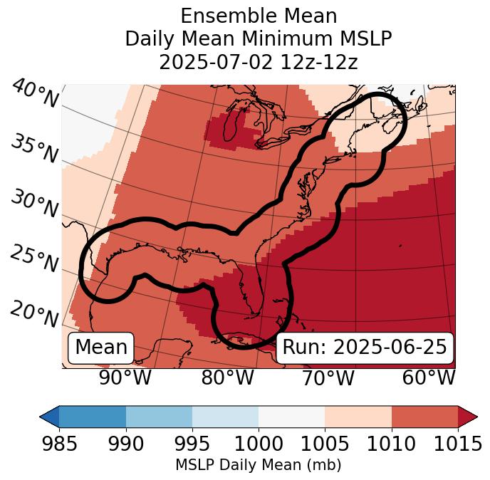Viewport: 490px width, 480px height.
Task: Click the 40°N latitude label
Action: click(x=34, y=94)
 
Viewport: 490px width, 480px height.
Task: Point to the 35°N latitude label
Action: click(x=34, y=148)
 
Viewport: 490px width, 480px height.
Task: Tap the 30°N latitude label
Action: click(x=34, y=204)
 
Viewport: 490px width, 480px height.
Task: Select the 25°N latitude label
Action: click(x=34, y=259)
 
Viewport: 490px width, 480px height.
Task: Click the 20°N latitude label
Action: click(x=34, y=313)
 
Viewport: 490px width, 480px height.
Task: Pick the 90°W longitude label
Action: click(x=125, y=377)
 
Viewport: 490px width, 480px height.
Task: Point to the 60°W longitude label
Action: click(x=428, y=377)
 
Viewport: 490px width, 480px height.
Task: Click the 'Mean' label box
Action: click(x=101, y=348)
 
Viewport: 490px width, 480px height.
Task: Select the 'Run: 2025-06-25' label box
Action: click(x=365, y=348)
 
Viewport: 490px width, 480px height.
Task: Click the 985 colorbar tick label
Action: click(x=59, y=444)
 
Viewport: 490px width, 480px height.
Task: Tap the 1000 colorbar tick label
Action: click(x=259, y=444)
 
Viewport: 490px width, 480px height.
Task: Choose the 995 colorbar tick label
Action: click(x=192, y=444)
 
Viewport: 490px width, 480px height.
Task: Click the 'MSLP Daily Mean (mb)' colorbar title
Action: click(x=258, y=465)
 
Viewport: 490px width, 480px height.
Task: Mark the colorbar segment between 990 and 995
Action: click(x=159, y=417)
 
